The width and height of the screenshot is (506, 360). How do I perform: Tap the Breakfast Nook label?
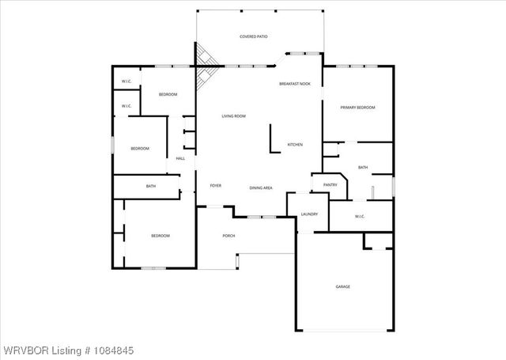coord(294,84)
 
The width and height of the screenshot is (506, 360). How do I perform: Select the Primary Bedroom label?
coord(357,108)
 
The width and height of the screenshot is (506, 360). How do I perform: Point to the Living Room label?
coord(233,116)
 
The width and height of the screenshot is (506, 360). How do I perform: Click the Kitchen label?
coord(295,145)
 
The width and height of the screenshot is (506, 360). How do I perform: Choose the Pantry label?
coord(330,185)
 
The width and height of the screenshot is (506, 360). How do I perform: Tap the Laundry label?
coord(309,214)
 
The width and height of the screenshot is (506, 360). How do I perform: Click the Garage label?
coord(342,286)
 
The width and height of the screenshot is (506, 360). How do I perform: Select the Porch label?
coord(228,236)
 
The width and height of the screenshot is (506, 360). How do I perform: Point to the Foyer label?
coord(215,185)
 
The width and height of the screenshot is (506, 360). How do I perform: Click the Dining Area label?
coord(261,188)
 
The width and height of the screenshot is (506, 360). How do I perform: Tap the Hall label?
coord(180,159)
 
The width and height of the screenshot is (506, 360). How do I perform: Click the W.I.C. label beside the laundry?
coord(359,216)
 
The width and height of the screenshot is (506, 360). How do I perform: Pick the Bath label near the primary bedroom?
coord(363,168)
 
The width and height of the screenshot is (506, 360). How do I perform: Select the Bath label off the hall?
coord(151,187)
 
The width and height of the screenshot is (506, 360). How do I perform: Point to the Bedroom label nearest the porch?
coord(160,236)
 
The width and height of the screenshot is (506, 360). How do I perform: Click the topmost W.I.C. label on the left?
coord(126,82)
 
